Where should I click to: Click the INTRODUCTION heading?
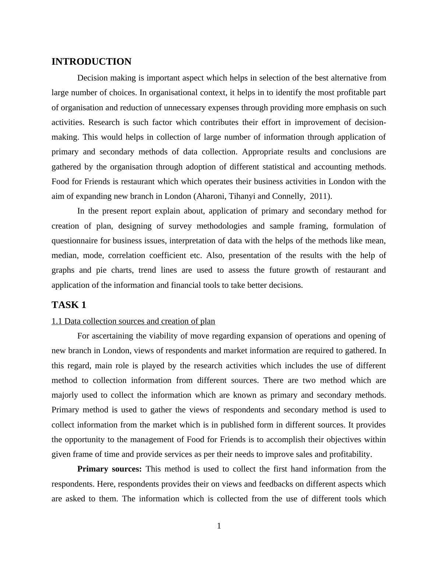point(91,62)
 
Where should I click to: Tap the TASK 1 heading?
point(69,305)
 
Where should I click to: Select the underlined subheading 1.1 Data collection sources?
point(133,321)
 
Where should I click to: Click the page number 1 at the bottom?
point(219,526)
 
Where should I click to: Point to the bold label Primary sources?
point(109,469)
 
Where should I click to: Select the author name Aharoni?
point(210,196)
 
